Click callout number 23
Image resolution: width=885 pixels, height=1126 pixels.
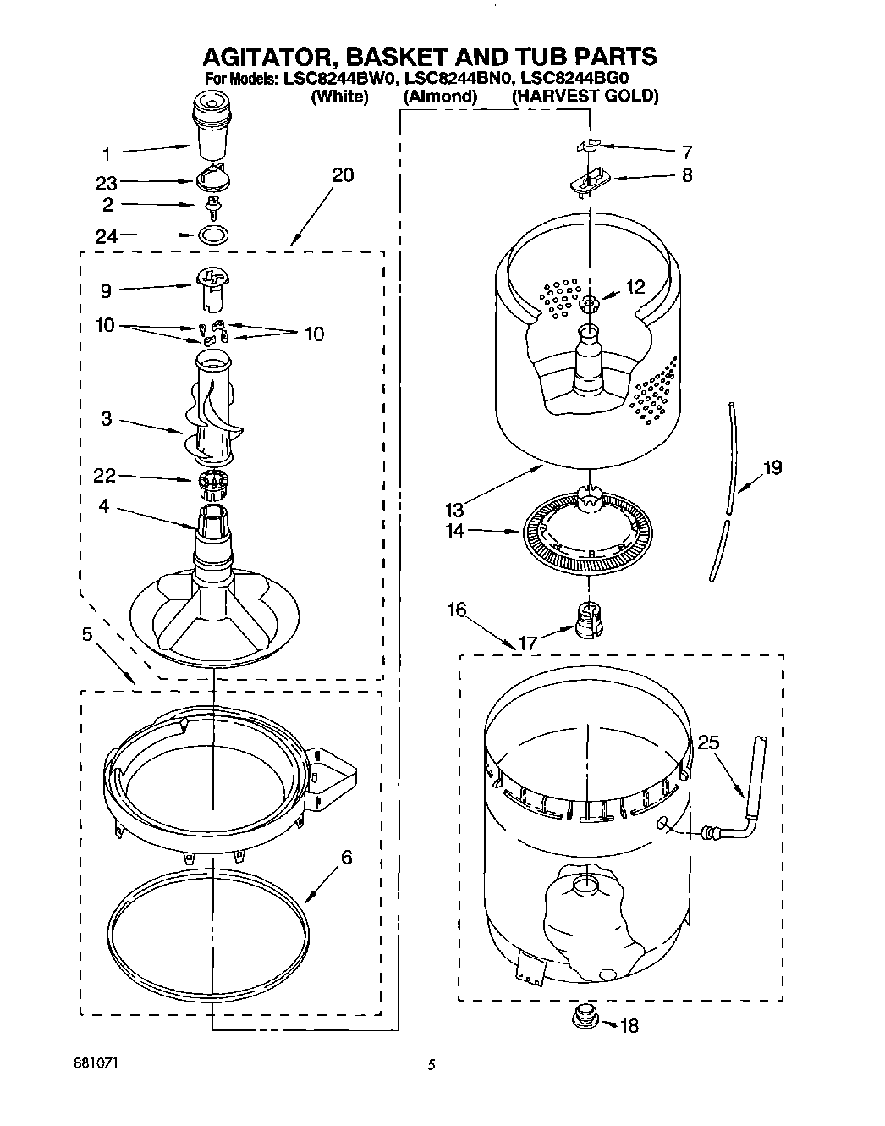point(107,183)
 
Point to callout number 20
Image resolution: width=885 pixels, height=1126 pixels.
point(343,175)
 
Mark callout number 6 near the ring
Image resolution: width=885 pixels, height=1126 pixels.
point(346,858)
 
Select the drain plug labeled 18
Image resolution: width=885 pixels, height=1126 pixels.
point(584,1016)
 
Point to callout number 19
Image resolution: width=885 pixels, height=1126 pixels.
point(772,467)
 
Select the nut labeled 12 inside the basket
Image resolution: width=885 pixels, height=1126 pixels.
point(589,302)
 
